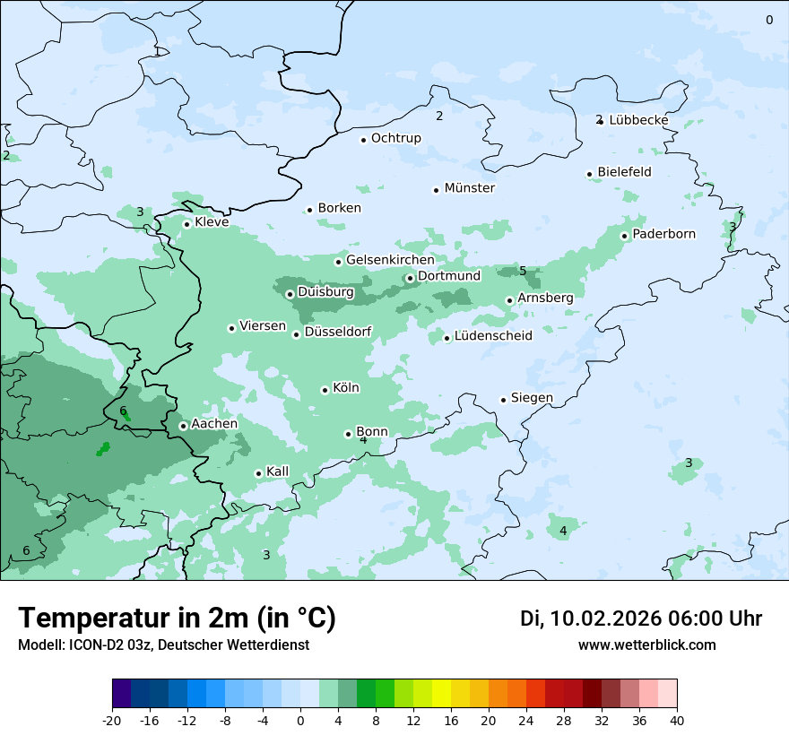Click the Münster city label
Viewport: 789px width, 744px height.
tap(469, 188)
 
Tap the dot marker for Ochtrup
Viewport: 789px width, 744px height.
tap(364, 139)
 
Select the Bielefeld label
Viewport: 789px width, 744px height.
tap(624, 172)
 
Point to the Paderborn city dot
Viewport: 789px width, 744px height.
tap(625, 236)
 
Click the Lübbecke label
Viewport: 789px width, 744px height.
tap(638, 120)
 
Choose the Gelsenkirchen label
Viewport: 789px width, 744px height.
tap(390, 260)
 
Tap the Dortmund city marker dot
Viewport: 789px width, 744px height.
tap(410, 278)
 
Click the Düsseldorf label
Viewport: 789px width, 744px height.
tap(338, 333)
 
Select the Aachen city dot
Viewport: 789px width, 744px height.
tap(183, 426)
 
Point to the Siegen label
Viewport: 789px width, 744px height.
tap(532, 398)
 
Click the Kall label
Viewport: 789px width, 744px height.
tap(278, 471)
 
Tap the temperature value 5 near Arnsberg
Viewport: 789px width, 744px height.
tap(523, 271)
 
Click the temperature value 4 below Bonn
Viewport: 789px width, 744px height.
tap(363, 440)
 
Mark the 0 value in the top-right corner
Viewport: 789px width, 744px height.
tap(768, 20)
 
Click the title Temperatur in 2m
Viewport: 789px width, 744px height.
tap(177, 618)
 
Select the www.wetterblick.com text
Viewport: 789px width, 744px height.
tap(646, 645)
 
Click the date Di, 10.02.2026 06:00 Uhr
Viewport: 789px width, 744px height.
tap(640, 619)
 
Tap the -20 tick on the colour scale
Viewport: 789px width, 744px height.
tap(112, 720)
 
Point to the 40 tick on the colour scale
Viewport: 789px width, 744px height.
tap(676, 720)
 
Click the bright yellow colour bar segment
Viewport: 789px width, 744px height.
tap(441, 694)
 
